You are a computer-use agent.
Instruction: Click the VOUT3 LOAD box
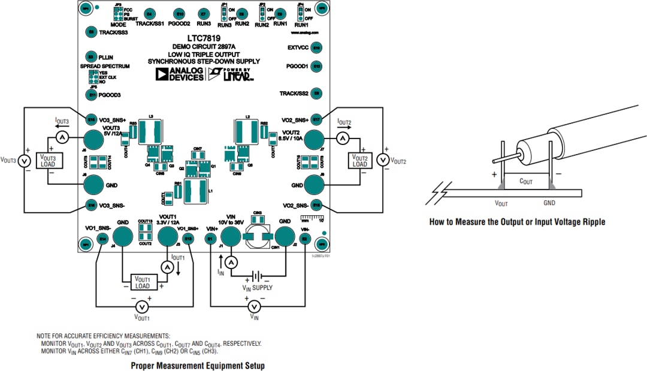click(x=47, y=160)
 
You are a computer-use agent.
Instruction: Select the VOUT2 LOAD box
click(x=359, y=161)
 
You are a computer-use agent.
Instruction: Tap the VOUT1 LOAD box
click(x=142, y=282)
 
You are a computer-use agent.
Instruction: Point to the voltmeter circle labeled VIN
click(x=255, y=306)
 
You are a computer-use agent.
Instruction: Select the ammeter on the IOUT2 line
click(x=342, y=138)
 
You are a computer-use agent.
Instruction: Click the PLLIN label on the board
click(x=105, y=57)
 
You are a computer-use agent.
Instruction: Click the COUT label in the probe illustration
click(x=526, y=180)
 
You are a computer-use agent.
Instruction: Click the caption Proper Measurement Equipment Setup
click(x=197, y=365)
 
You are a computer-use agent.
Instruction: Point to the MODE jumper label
click(x=118, y=25)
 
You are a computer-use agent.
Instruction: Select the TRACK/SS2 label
click(x=294, y=93)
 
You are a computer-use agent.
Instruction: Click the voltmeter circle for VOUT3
click(x=24, y=161)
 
